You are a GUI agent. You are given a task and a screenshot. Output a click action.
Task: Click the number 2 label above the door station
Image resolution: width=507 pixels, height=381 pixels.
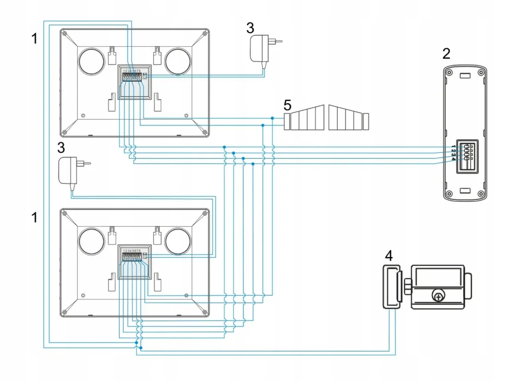tap(446, 54)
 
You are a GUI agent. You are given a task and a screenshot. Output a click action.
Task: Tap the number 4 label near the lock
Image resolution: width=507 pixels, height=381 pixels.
tap(390, 255)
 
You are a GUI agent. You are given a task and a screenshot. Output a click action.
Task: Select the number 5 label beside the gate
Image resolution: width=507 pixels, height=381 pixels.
tap(287, 106)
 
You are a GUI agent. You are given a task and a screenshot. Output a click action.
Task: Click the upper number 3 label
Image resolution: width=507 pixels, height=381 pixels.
tap(250, 28)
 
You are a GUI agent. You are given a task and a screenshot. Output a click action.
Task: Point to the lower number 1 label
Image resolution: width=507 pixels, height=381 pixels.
tap(34, 217)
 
